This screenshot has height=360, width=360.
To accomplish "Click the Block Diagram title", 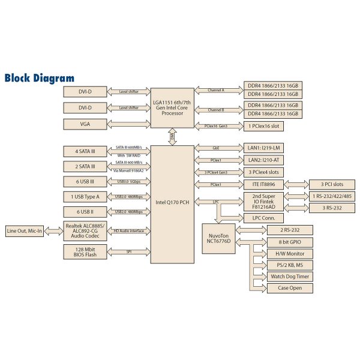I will pos(40,78).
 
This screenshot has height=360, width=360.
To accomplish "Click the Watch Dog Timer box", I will pos(289,277).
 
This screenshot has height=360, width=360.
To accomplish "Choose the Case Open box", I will pos(289,288).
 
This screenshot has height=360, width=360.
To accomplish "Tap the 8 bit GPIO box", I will pos(289,242).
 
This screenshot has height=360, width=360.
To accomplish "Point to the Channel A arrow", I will pos(217,91).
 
